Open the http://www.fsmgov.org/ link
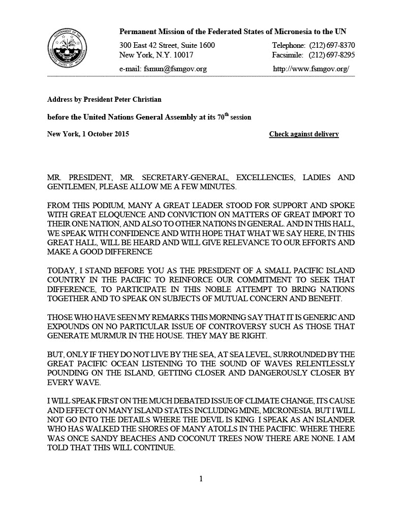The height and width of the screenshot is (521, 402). (311, 69)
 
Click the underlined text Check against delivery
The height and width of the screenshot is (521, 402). (304, 134)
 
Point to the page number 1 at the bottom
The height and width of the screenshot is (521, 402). (201, 478)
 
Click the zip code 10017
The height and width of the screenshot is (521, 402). (181, 55)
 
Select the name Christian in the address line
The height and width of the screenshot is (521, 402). (145, 99)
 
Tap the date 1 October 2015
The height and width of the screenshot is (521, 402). (105, 134)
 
